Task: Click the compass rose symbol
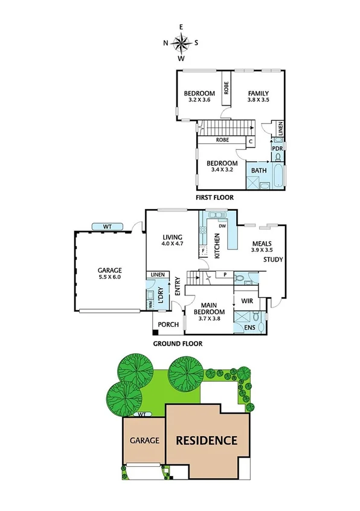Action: click(181, 43)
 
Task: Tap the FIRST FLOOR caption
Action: click(214, 198)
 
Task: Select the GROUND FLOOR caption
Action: click(177, 344)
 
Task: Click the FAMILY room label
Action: click(258, 93)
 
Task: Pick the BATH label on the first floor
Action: click(259, 171)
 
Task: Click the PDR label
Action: click(278, 148)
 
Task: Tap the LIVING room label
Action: click(172, 237)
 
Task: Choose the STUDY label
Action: click(273, 260)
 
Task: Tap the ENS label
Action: click(249, 327)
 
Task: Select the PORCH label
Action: click(168, 324)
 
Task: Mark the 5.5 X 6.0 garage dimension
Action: click(110, 277)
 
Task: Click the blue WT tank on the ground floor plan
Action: click(108, 227)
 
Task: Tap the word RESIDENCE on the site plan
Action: click(206, 440)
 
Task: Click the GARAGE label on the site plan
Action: click(144, 440)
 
